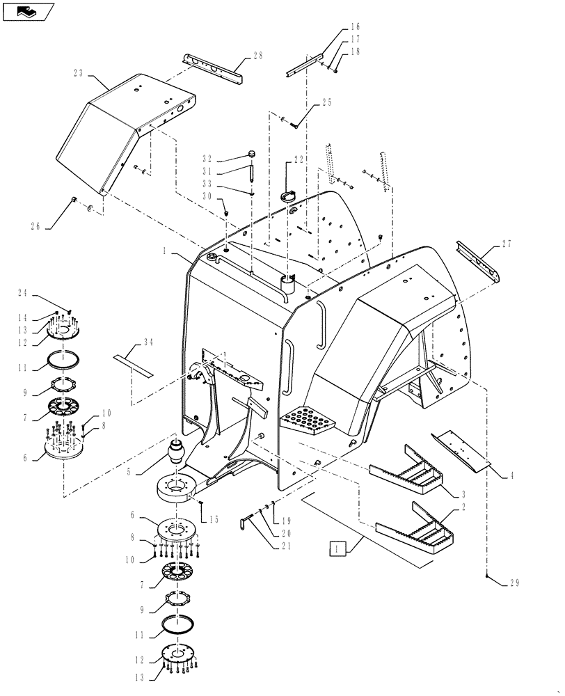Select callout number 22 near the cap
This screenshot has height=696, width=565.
(x=299, y=159)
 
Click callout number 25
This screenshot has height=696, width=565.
(x=326, y=103)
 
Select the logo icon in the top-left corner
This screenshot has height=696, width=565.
(x=27, y=11)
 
